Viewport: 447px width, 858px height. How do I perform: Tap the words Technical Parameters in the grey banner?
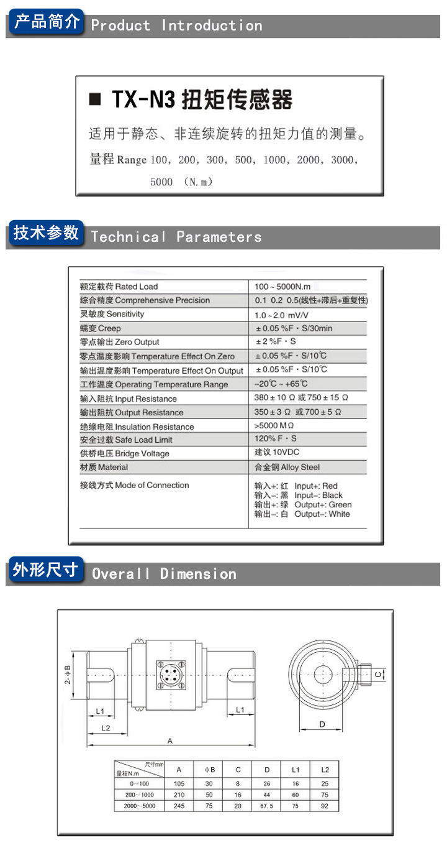[x=176, y=237]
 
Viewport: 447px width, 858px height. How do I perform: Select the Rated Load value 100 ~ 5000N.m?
[x=282, y=287]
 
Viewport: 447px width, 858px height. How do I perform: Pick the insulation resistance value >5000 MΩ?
[x=274, y=427]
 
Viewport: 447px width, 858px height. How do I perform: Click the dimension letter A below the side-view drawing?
[x=169, y=740]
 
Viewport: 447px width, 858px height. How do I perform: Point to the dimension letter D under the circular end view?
[x=322, y=724]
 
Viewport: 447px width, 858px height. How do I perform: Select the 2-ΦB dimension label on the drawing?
[x=68, y=673]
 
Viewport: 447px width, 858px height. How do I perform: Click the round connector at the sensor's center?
[x=169, y=675]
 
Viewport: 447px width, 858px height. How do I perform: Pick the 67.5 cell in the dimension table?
[x=266, y=806]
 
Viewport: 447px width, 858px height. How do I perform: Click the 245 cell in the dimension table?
[x=179, y=806]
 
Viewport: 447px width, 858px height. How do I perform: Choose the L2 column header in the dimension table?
[x=325, y=770]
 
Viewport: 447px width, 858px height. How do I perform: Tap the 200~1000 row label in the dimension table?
[x=139, y=795]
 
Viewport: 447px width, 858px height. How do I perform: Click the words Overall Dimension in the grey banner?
[x=165, y=574]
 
